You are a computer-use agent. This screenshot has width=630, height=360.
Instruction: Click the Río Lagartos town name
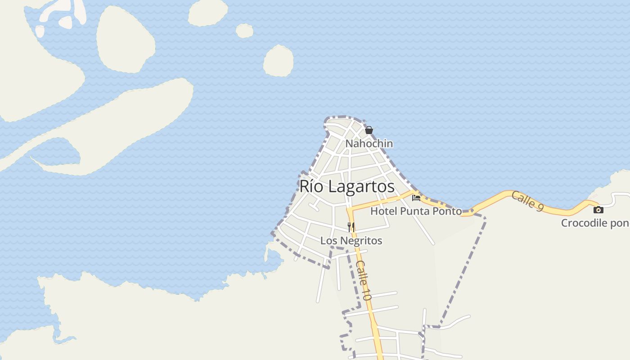pyautogui.click(x=347, y=186)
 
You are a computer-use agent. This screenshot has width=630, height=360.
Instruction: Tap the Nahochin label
pyautogui.click(x=369, y=144)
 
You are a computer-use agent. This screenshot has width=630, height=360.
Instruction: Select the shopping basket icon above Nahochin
pyautogui.click(x=369, y=130)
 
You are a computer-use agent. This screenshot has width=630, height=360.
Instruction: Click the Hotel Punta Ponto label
pyautogui.click(x=416, y=211)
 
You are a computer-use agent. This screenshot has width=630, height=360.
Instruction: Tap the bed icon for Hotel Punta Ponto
pyautogui.click(x=416, y=198)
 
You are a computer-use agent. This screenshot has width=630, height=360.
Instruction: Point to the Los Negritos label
pyautogui.click(x=351, y=241)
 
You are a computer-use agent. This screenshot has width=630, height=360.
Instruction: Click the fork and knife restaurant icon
pyautogui.click(x=351, y=226)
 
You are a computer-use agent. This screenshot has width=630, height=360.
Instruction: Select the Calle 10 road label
pyautogui.click(x=364, y=280)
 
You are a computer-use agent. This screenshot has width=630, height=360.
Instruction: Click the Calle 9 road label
pyautogui.click(x=527, y=201)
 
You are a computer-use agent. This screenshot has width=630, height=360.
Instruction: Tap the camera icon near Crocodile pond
pyautogui.click(x=598, y=210)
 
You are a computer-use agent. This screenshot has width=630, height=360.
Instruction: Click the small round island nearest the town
pyautogui.click(x=278, y=61)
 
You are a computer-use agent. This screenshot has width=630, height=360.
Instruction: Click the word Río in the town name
pyautogui.click(x=310, y=186)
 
